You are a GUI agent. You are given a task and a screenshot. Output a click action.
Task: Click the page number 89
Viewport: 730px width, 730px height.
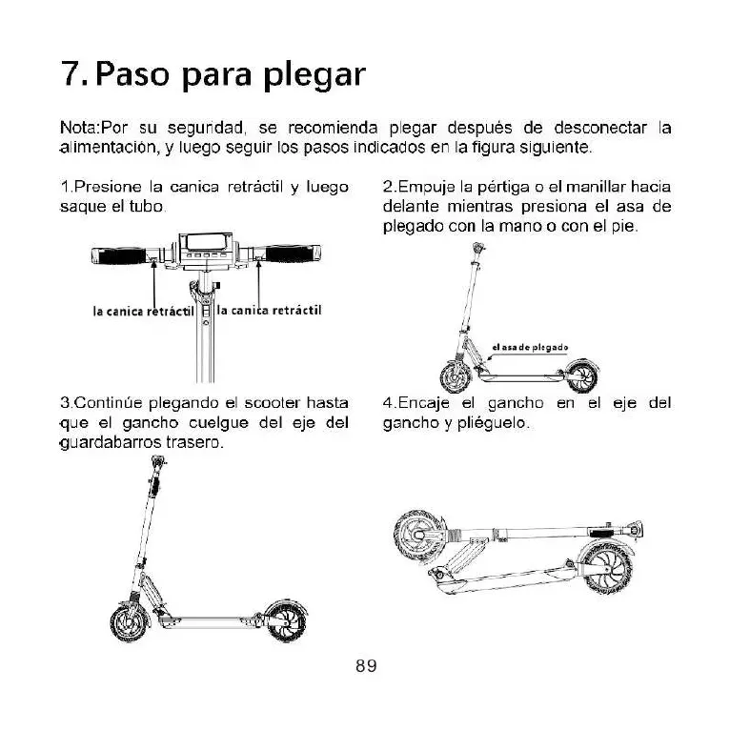pos(366,667)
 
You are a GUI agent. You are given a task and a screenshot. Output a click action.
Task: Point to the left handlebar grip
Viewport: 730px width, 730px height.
pos(122,255)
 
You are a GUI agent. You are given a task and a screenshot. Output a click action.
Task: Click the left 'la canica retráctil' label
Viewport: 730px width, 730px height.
pos(143,311)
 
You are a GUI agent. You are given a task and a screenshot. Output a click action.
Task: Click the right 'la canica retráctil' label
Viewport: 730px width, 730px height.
pos(269,310)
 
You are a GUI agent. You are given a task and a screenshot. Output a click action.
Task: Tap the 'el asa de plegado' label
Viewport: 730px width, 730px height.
pos(530,346)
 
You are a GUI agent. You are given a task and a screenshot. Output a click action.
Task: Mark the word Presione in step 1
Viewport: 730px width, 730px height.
pos(96,186)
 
